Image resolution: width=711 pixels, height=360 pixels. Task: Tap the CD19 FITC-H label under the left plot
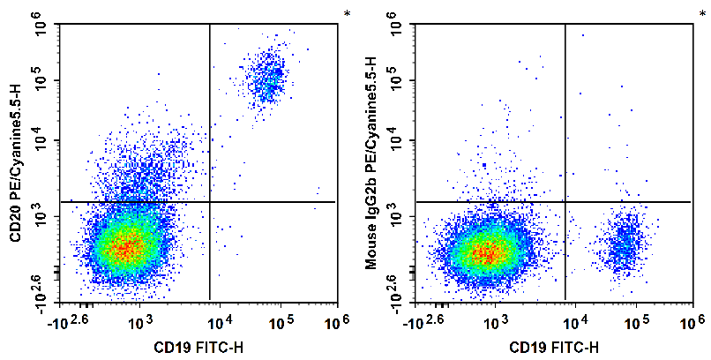(x=199, y=347)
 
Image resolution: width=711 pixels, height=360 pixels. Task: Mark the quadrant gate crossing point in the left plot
(x=210, y=202)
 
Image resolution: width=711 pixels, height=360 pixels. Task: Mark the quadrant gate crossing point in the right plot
(x=565, y=202)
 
